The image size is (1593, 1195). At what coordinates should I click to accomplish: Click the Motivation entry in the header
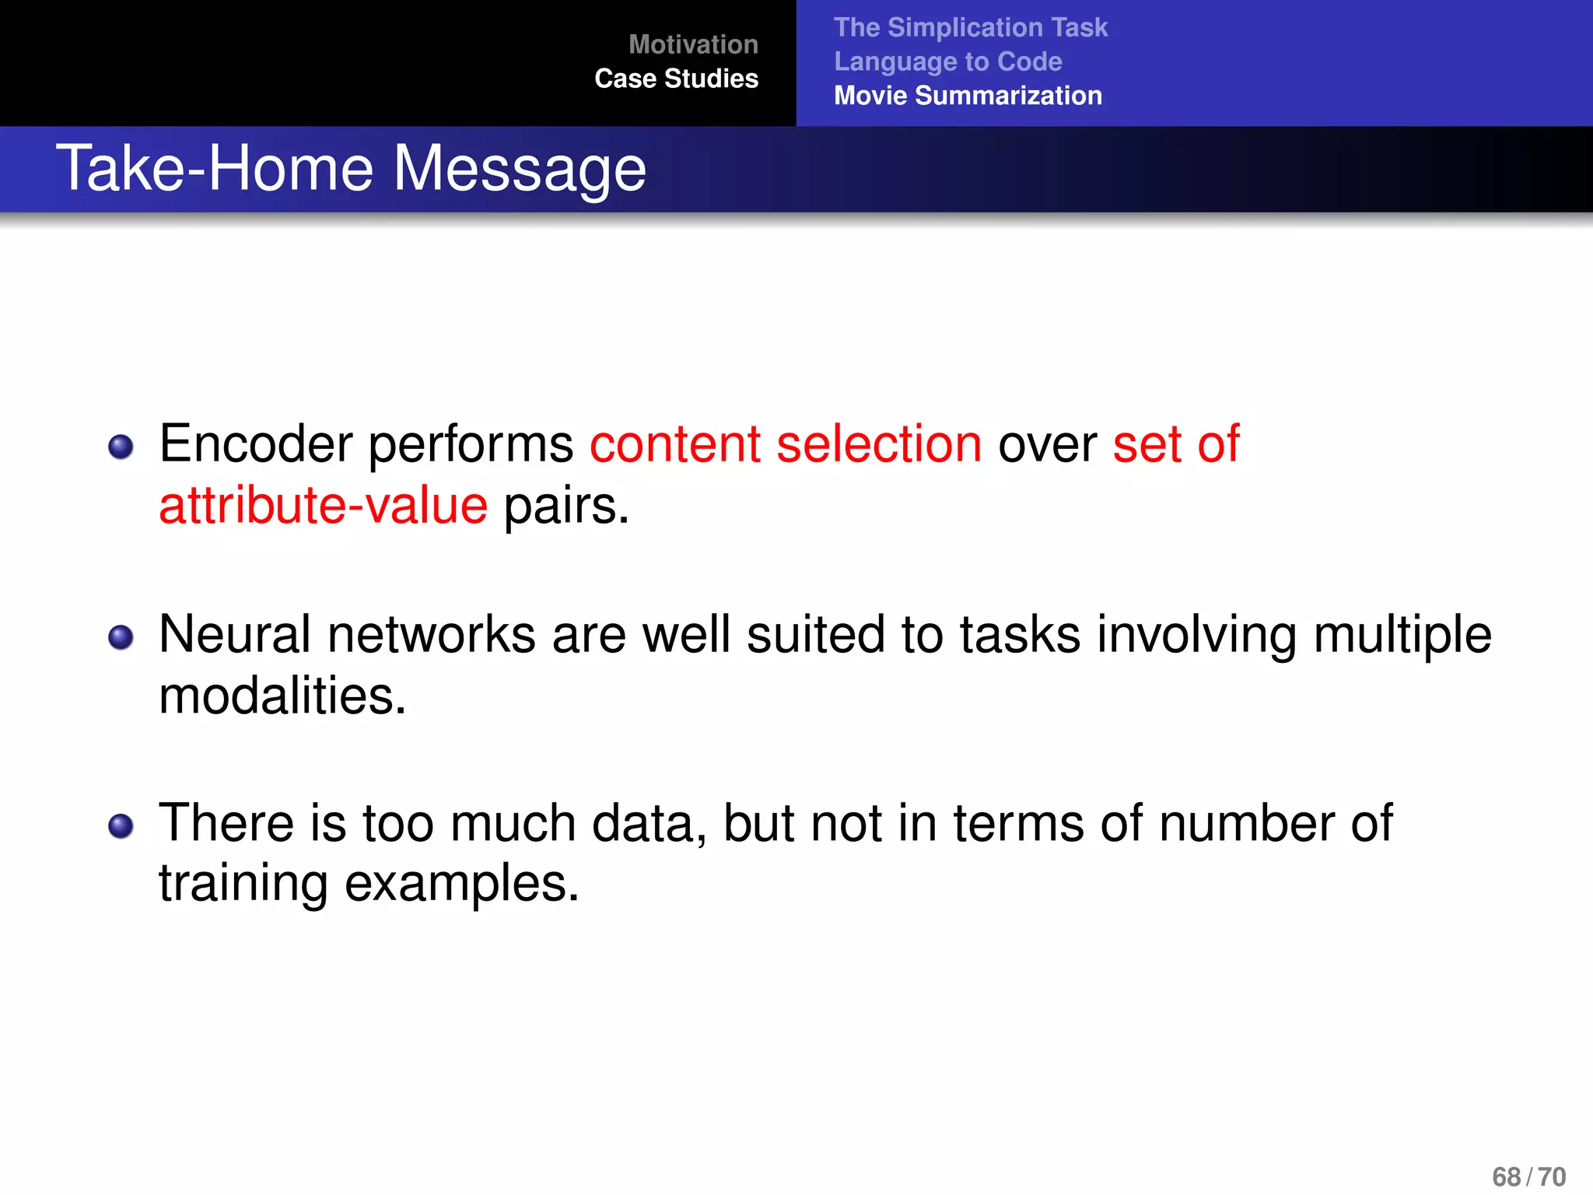[x=693, y=44]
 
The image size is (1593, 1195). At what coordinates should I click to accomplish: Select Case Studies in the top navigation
[x=676, y=79]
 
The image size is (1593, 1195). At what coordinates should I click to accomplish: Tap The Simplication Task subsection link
[x=970, y=27]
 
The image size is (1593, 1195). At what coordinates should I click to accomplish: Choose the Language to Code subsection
[x=947, y=61]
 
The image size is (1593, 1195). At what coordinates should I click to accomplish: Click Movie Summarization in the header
[x=968, y=96]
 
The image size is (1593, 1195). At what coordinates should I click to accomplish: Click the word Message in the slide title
[x=519, y=169]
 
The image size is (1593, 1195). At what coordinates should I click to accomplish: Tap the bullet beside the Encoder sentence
[x=121, y=447]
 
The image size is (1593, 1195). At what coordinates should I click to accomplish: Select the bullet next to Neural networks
[x=121, y=637]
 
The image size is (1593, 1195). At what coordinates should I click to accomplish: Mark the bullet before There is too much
[x=121, y=825]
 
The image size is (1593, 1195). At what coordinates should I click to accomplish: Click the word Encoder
[x=256, y=444]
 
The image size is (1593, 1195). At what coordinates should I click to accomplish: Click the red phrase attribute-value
[x=323, y=506]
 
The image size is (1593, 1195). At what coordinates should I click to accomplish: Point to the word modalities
[x=282, y=696]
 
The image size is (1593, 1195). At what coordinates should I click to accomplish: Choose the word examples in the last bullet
[x=461, y=885]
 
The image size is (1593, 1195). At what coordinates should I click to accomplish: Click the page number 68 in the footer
[x=1506, y=1176]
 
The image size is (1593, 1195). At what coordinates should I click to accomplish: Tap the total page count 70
[x=1552, y=1176]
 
